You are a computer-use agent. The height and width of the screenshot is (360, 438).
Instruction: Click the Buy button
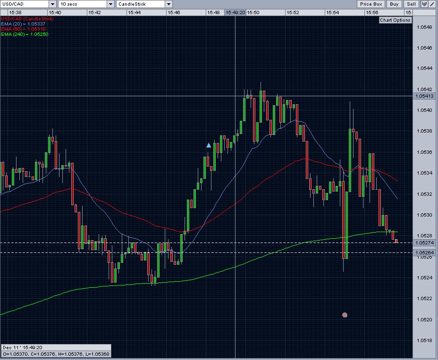tap(394, 4)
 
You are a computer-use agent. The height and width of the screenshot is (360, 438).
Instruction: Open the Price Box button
tap(371, 4)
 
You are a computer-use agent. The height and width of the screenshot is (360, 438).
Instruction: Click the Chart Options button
tap(396, 20)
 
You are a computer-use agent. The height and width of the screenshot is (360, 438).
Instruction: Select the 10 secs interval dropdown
tap(85, 4)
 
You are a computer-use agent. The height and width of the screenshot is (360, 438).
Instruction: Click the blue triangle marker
tap(209, 145)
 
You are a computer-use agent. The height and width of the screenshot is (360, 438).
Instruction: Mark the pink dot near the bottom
tap(345, 315)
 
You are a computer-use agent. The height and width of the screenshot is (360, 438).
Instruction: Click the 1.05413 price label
tap(423, 96)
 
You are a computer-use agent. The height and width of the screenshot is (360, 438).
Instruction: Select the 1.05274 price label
tap(423, 243)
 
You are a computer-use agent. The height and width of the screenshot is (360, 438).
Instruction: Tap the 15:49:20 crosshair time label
tap(235, 12)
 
